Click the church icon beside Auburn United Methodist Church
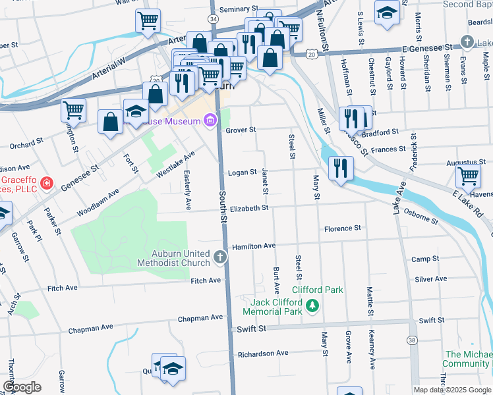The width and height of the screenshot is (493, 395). tap(221, 255)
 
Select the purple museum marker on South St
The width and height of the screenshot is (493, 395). tap(210, 120)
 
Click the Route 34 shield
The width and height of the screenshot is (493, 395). tap(212, 20)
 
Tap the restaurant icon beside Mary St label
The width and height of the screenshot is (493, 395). tap(340, 167)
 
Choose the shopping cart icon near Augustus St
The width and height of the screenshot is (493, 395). tap(468, 176)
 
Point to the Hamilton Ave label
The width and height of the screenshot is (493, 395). tap(253, 245)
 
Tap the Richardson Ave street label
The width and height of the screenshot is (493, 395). tap(263, 354)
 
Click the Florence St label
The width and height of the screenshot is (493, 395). tap(342, 228)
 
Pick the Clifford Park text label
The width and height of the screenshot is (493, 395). tap(318, 290)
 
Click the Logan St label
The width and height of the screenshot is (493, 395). tap(241, 172)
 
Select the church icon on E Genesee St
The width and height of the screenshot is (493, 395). tap(467, 42)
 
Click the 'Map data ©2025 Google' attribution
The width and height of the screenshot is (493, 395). tap(451, 390)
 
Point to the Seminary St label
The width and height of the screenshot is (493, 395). tap(239, 9)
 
